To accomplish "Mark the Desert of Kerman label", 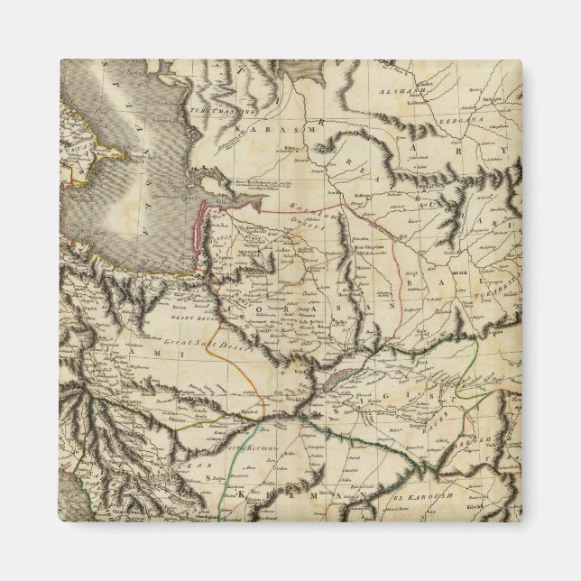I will click(x=226, y=447).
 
